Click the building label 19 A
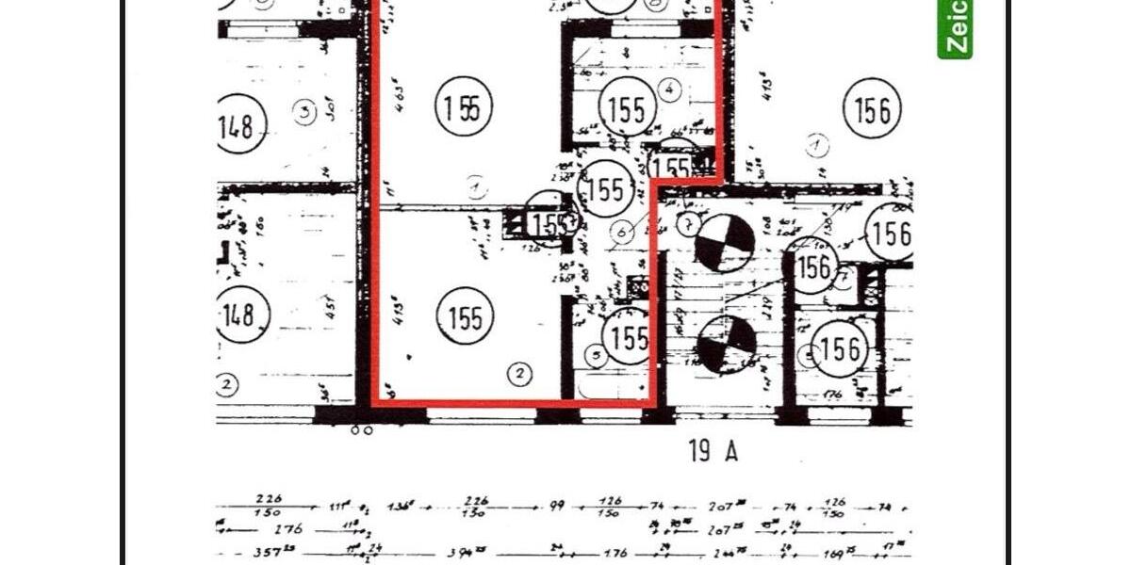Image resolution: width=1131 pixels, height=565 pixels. [x=713, y=451]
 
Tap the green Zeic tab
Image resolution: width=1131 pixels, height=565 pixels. [x=955, y=28]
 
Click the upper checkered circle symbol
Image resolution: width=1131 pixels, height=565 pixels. [x=724, y=243]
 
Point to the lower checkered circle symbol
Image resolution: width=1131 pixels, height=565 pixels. [x=726, y=343]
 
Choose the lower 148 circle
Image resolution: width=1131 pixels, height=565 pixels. [x=239, y=314]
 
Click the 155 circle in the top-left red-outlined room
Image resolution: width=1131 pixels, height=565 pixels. [x=465, y=107]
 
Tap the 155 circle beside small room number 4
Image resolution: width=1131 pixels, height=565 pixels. [x=627, y=110]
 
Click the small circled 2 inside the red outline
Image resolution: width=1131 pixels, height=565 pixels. [x=519, y=374]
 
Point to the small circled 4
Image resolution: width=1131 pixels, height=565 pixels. [x=669, y=90]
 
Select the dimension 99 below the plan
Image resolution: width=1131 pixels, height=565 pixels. [x=557, y=506]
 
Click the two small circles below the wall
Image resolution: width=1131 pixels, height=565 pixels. [x=361, y=429]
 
